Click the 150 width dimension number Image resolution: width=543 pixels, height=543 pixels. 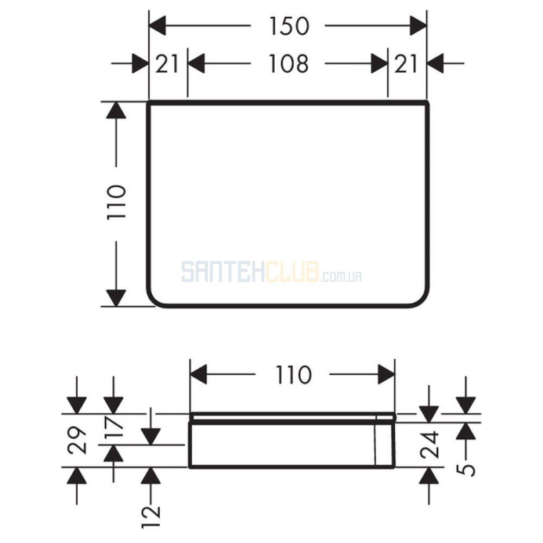(x=289, y=26)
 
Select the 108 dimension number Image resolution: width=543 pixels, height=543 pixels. (x=288, y=64)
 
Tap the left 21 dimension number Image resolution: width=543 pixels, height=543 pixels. (x=167, y=64)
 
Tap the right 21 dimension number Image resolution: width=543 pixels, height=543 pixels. (x=406, y=64)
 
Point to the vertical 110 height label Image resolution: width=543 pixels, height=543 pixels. (x=116, y=202)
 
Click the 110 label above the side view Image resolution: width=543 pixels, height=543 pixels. (x=293, y=375)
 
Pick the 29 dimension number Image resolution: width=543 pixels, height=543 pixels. (x=77, y=440)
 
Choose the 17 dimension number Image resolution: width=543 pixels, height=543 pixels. (x=113, y=428)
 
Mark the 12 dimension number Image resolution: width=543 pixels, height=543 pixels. (x=151, y=516)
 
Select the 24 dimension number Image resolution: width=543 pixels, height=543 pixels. (x=430, y=445)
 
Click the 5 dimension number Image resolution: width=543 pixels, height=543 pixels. (x=466, y=470)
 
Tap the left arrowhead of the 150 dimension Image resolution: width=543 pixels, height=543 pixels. (x=157, y=26)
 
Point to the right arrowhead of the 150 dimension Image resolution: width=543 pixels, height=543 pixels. (x=418, y=26)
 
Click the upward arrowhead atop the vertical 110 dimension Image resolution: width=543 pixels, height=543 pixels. (x=116, y=110)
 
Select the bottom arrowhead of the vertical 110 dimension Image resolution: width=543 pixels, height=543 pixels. (x=116, y=298)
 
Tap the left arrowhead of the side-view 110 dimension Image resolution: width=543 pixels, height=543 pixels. (x=198, y=374)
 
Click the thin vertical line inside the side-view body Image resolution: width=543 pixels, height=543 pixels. (x=376, y=440)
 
